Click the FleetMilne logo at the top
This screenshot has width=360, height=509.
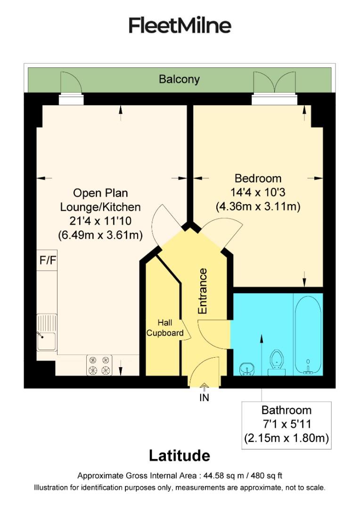pos(180,25)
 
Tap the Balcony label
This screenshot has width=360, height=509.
pos(179,79)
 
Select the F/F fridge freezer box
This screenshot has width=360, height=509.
pos(47,261)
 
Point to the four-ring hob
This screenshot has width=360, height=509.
pos(99,365)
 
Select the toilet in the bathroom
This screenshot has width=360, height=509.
pos(276,363)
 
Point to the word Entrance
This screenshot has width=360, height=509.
pos(203,291)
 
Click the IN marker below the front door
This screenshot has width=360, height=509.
pos(204,397)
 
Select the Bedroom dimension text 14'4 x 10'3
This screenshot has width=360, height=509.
pos(258,192)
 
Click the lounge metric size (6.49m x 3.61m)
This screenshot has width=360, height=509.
pos(100,234)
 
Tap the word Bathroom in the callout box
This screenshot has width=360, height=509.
pos(286,410)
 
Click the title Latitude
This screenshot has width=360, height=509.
pos(179,456)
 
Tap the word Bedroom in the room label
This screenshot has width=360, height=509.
pos(258,179)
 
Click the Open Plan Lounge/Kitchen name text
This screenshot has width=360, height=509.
pos(100,200)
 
